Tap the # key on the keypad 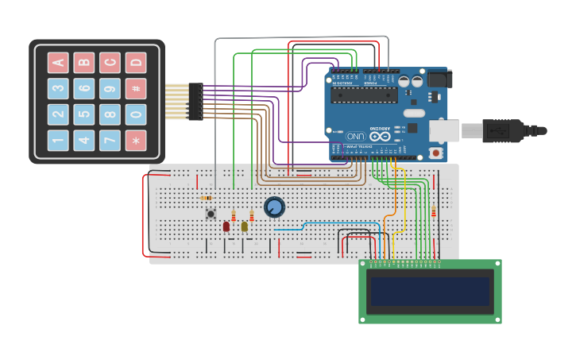tap(136, 88)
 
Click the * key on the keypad tap(136, 141)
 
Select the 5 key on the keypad tap(84, 114)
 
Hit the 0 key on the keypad tap(136, 114)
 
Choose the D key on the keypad tap(136, 62)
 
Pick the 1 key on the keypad tap(58, 141)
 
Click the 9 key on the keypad tap(110, 88)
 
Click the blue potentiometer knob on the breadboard tap(274, 207)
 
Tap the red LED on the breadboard tap(226, 226)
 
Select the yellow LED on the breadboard tap(245, 226)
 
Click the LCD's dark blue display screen tap(430, 292)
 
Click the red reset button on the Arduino tap(435, 152)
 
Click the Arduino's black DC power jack tap(439, 79)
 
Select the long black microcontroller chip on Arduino tap(364, 95)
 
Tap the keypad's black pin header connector tap(195, 102)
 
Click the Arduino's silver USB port tap(445, 130)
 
